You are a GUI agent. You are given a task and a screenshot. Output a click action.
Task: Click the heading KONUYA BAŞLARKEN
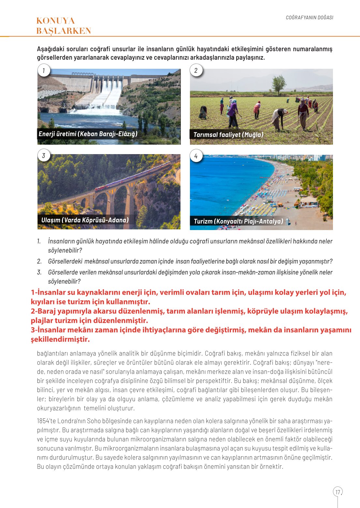64,26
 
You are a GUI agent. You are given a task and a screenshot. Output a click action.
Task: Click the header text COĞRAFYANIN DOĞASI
310,18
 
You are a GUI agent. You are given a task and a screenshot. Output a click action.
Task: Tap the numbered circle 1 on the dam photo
44,70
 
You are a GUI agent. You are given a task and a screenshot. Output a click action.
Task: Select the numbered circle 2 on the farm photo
196,70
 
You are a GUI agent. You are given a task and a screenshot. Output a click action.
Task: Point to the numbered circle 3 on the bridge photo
44,155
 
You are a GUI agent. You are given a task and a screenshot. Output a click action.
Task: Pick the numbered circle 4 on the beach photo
196,156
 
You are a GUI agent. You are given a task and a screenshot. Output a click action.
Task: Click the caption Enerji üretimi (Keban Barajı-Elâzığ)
88,134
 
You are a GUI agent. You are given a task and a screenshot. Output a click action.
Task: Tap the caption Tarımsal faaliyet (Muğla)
228,135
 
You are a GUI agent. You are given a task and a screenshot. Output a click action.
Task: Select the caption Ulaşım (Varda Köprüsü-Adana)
85,220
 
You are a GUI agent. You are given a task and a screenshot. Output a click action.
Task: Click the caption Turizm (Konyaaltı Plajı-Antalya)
238,221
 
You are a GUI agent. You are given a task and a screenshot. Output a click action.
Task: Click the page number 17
338,492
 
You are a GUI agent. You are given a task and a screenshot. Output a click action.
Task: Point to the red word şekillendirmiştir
60,339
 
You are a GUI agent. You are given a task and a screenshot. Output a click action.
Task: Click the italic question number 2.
39,261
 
